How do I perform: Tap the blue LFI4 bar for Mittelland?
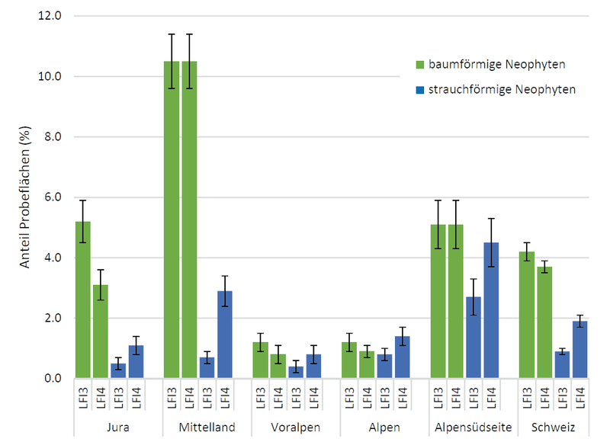(226, 335)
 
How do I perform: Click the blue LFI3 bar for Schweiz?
(563, 364)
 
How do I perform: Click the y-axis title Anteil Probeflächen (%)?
(24, 197)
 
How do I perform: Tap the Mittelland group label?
(207, 427)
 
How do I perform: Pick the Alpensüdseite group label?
(474, 427)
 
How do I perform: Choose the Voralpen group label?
(296, 427)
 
